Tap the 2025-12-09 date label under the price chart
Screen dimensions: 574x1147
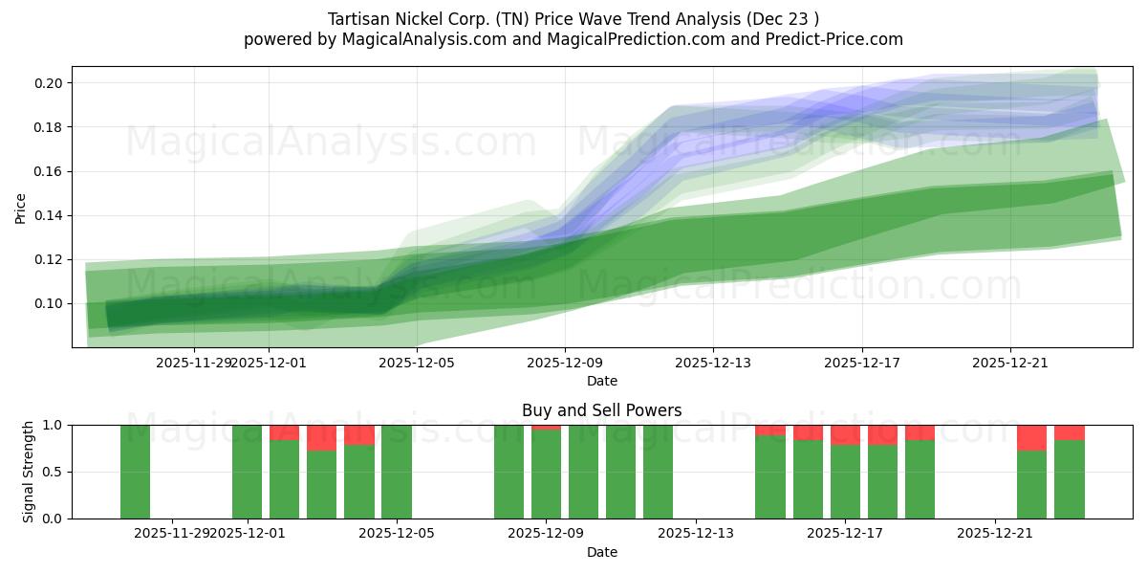tap(564, 363)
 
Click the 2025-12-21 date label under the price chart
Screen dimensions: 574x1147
tap(1010, 363)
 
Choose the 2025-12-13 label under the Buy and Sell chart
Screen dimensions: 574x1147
tap(695, 533)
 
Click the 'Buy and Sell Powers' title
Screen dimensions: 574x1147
tap(601, 410)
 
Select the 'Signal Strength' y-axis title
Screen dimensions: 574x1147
tap(29, 471)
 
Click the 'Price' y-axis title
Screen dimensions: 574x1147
tap(21, 207)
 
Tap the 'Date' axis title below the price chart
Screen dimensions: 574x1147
tap(601, 381)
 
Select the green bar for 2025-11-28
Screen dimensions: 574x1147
tap(135, 472)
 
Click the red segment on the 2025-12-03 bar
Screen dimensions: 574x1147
tap(321, 437)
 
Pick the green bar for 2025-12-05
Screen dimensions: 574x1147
tap(397, 472)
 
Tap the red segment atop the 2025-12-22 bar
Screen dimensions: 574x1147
tap(1031, 437)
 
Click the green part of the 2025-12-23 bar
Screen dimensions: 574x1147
tap(1069, 479)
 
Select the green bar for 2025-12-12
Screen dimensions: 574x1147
tap(658, 472)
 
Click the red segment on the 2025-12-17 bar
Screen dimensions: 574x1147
tap(845, 434)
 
